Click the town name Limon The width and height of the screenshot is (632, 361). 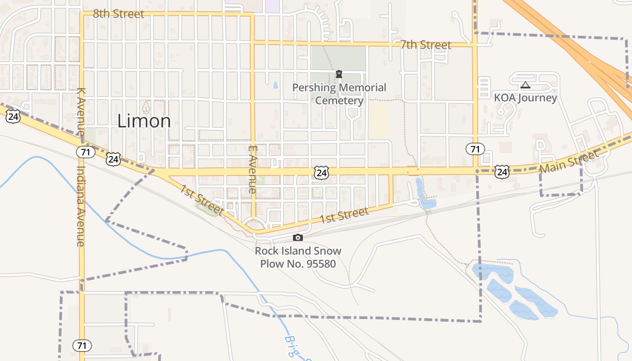coord(144,121)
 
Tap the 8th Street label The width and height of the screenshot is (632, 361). coord(118,14)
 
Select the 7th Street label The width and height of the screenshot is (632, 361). coord(426,45)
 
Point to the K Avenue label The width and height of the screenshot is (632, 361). coord(81,111)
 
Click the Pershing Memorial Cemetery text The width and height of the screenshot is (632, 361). coord(339,94)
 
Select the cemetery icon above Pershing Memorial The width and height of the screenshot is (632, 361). coord(339,74)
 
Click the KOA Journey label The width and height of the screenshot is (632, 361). coord(525,97)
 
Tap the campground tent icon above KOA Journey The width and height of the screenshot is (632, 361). coord(525,85)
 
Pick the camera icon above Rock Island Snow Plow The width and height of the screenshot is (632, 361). coord(298,237)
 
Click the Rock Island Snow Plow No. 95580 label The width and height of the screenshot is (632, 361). coord(298,257)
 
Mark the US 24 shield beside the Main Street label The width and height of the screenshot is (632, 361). coord(502,171)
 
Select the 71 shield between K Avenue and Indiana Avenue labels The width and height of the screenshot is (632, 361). coord(85,152)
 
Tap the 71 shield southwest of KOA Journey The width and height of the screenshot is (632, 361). coord(475,149)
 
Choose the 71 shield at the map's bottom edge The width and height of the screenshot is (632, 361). coord(82,346)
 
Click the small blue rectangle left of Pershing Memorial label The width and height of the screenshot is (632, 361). coord(275,85)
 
